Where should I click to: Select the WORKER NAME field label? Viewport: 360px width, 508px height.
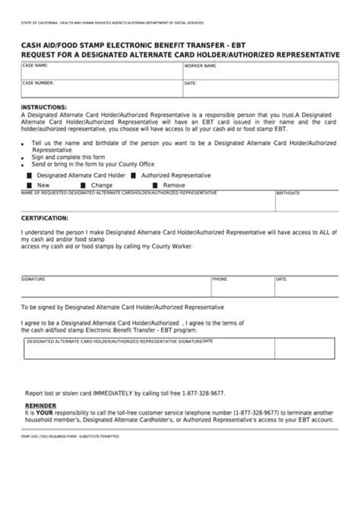click(201, 67)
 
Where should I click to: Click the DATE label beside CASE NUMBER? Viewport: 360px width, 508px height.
click(191, 83)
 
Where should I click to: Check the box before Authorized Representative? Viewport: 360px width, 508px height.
click(134, 175)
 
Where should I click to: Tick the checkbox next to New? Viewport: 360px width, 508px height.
click(30, 185)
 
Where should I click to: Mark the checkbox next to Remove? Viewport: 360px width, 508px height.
click(155, 185)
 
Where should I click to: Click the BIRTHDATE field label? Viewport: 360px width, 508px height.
click(289, 193)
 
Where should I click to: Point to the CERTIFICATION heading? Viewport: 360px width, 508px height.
click(46, 217)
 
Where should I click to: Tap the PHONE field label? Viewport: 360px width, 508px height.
click(219, 279)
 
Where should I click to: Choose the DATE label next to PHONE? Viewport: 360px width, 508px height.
click(281, 279)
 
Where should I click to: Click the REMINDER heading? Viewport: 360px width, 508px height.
click(41, 406)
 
